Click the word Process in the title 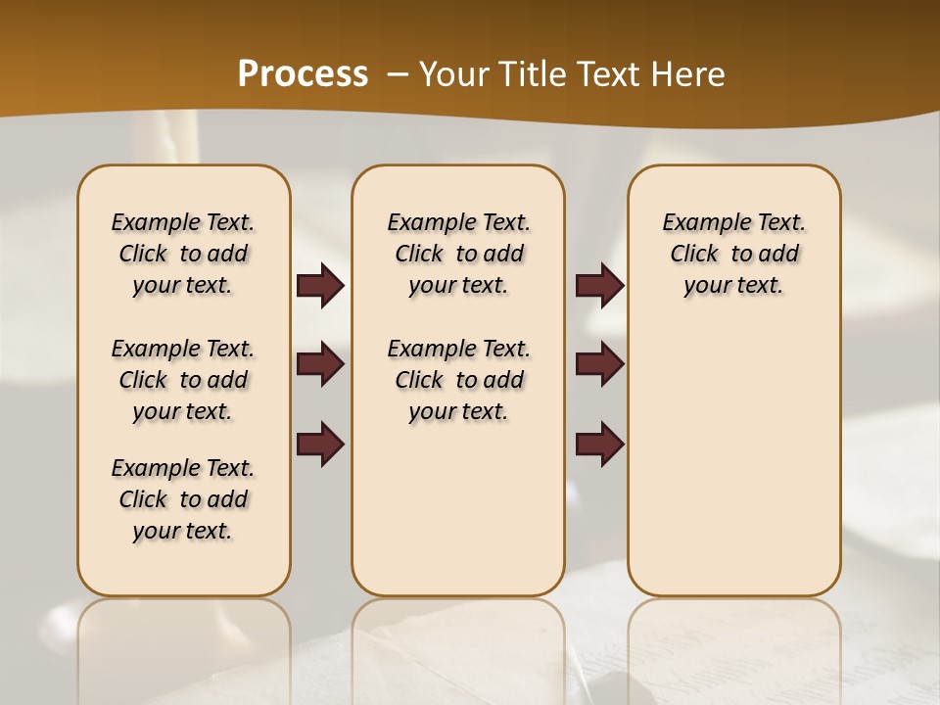(303, 73)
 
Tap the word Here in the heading (688, 74)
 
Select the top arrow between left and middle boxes (320, 286)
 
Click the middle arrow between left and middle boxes (320, 364)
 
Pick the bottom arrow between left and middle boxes (320, 444)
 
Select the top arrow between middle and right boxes (599, 286)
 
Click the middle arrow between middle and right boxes (599, 364)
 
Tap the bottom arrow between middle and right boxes (599, 444)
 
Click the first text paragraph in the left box (183, 254)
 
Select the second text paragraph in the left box (183, 380)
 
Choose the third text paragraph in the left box (183, 499)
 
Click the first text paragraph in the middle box (458, 254)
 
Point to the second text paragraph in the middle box (458, 380)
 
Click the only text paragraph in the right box (733, 254)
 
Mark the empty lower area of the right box (733, 460)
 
